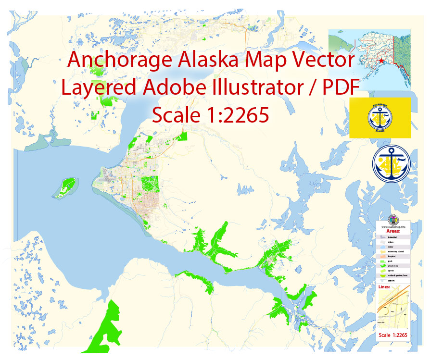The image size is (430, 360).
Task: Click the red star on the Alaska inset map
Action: tap(381, 62)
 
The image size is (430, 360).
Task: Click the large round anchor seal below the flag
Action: tap(392, 165)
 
